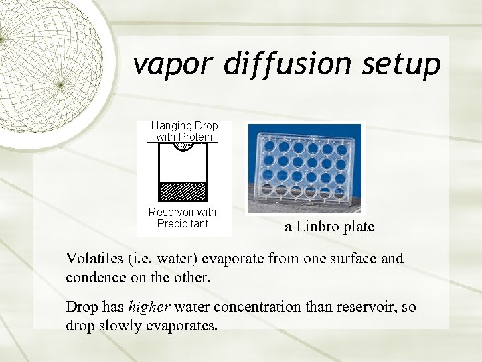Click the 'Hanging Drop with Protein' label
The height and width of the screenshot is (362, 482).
click(184, 131)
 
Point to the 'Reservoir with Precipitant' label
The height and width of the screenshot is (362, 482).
click(183, 218)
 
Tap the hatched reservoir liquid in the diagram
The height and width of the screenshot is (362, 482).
click(183, 192)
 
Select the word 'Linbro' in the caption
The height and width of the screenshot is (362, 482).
click(318, 227)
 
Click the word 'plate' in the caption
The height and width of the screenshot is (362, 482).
click(359, 227)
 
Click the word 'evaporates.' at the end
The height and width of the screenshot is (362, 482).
click(180, 326)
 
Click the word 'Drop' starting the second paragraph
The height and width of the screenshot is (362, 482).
click(80, 307)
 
